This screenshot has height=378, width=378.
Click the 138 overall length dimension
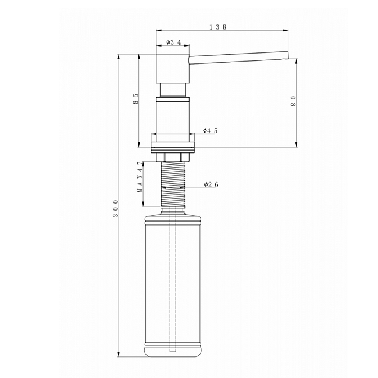pos(217,27)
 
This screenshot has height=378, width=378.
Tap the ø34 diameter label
pos(173,42)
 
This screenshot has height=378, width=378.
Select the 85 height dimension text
pos(136,99)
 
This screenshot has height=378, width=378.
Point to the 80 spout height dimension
pos(293,101)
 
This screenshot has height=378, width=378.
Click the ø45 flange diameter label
pos(210,131)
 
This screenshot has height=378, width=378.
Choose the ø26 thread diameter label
pos(211,185)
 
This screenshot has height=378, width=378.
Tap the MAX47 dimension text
pos(140,177)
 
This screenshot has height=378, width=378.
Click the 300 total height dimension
pos(116,208)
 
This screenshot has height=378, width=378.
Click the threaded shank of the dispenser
pos(173,184)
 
